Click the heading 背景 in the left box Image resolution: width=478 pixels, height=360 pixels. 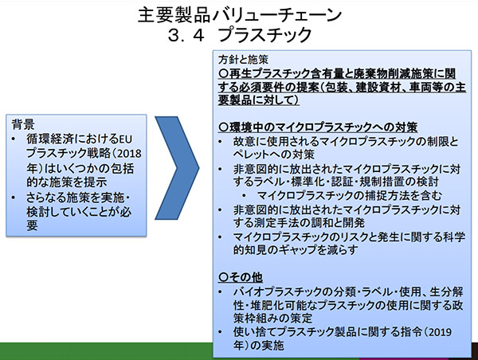tap(23, 124)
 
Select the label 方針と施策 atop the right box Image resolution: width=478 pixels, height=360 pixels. tap(243, 60)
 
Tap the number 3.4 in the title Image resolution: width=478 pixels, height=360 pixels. tap(186, 35)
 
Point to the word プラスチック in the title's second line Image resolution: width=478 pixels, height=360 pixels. tap(265, 35)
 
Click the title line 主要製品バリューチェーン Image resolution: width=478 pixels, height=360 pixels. tap(240, 15)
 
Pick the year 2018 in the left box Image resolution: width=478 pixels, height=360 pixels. tap(129, 154)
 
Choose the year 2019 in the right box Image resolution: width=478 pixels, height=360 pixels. tap(439, 331)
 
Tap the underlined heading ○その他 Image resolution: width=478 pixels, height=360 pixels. tap(241, 277)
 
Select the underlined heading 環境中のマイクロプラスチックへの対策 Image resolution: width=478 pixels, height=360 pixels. tap(318, 127)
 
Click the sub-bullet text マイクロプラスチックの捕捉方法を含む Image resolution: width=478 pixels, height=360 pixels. tap(350, 196)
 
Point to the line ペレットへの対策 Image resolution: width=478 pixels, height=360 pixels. tap(273, 155)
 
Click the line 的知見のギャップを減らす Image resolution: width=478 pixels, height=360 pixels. tap(296, 250)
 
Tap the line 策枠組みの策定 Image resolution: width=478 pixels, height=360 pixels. tap(272, 319)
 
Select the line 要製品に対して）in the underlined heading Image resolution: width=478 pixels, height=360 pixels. tap(258, 100)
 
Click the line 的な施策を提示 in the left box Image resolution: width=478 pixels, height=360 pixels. tap(66, 182)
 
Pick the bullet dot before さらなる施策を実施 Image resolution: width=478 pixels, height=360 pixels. tap(13, 198)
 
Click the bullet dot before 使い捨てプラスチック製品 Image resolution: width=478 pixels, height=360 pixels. tap(220, 331)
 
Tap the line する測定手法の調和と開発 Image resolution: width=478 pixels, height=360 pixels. tap(299, 223)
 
